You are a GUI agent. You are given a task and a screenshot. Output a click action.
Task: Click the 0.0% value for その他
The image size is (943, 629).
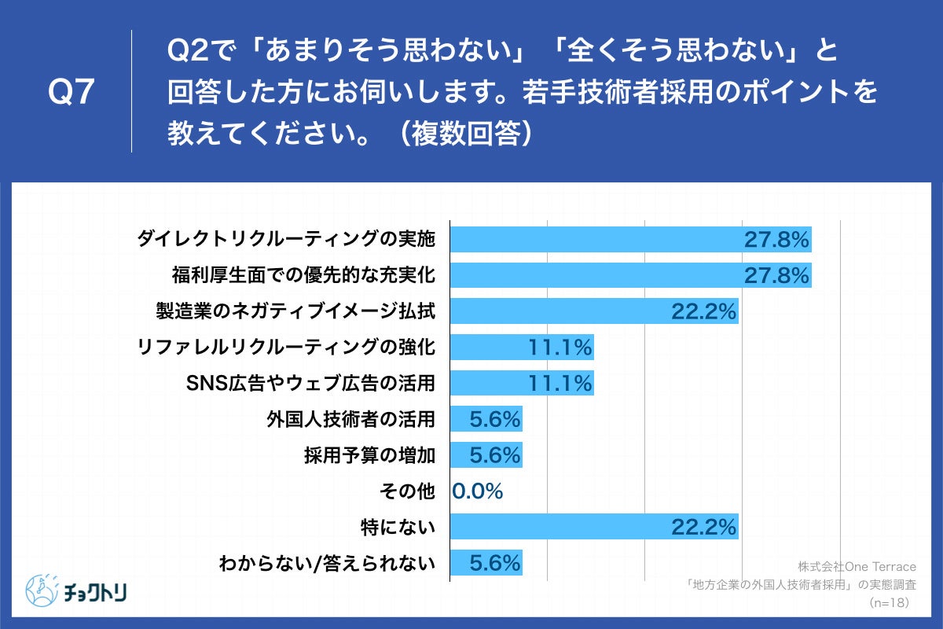tap(478, 491)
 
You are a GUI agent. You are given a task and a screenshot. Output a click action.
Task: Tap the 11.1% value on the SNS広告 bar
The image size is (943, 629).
tap(559, 384)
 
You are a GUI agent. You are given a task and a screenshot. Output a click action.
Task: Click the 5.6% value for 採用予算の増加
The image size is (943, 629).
tap(495, 455)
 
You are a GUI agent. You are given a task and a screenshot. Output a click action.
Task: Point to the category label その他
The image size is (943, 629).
tap(407, 491)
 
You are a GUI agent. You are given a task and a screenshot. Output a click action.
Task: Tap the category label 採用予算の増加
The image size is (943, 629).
tap(369, 455)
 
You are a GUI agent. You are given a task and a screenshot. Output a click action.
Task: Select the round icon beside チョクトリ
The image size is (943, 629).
tap(42, 589)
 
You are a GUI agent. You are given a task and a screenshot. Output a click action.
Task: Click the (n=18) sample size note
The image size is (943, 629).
tap(889, 602)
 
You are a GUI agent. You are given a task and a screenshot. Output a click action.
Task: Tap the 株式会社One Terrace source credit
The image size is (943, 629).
tap(857, 566)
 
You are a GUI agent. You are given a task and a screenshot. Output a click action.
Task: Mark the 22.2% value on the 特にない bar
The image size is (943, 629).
tap(703, 527)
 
